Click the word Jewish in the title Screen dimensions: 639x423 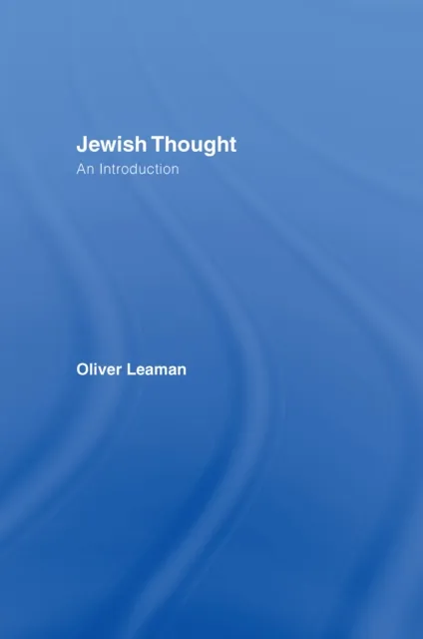coord(106,144)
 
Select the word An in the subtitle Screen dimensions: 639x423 coord(86,170)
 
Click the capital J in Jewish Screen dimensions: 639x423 coord(83,144)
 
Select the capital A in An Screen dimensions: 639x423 coord(82,170)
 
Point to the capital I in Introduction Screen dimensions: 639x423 coord(101,170)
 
